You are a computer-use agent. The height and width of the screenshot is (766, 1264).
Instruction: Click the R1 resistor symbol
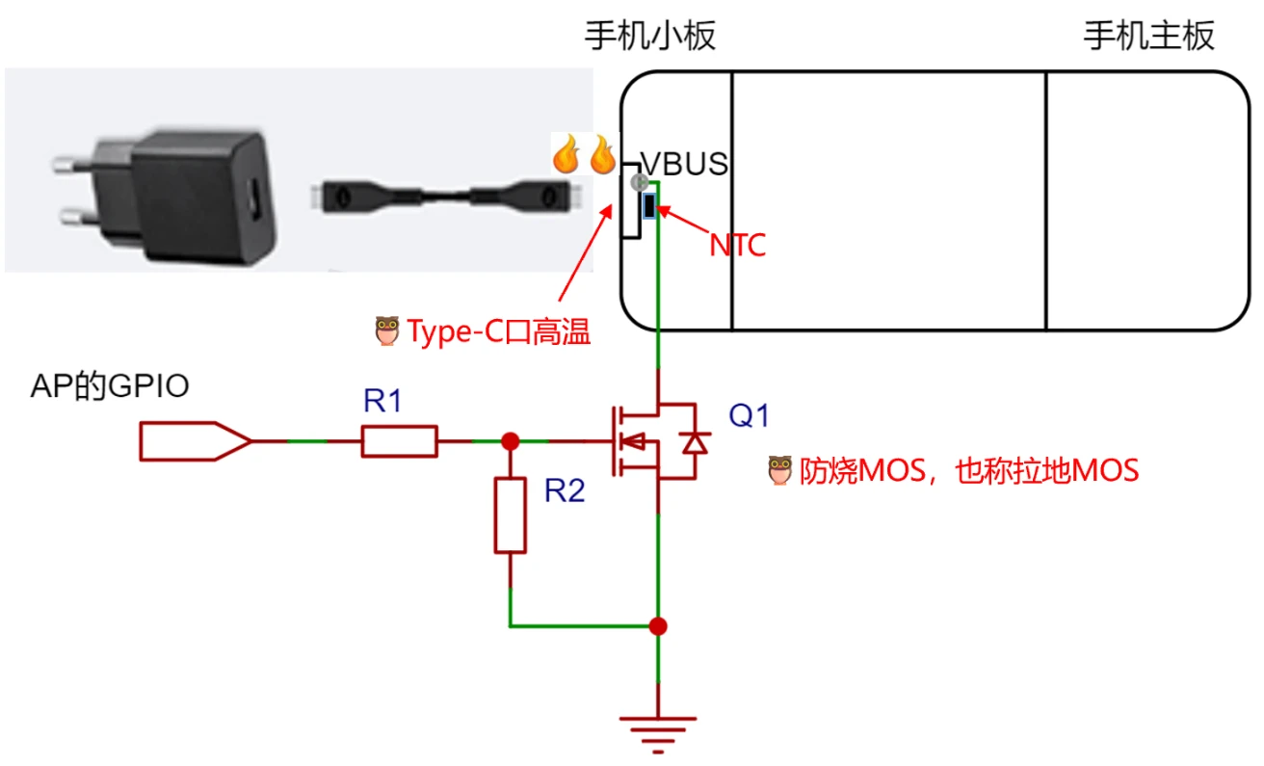(400, 441)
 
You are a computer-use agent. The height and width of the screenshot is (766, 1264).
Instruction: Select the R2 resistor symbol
(511, 515)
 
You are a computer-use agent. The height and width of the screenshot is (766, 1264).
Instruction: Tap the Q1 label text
(749, 416)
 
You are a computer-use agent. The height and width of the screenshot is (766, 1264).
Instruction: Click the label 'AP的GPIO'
(110, 386)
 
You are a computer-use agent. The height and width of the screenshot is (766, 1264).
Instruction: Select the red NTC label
(737, 246)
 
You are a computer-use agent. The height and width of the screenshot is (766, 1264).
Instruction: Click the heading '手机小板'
(651, 37)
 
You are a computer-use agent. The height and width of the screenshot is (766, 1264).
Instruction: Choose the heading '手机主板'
(1149, 37)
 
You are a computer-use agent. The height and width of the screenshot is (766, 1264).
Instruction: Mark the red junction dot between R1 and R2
(511, 441)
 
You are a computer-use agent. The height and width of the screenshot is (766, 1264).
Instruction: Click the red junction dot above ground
(658, 626)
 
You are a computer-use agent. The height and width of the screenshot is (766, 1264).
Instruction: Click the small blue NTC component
(649, 205)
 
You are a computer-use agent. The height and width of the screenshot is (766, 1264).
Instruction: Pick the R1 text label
(382, 401)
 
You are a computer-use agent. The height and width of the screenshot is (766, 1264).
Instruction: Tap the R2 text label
(565, 491)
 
